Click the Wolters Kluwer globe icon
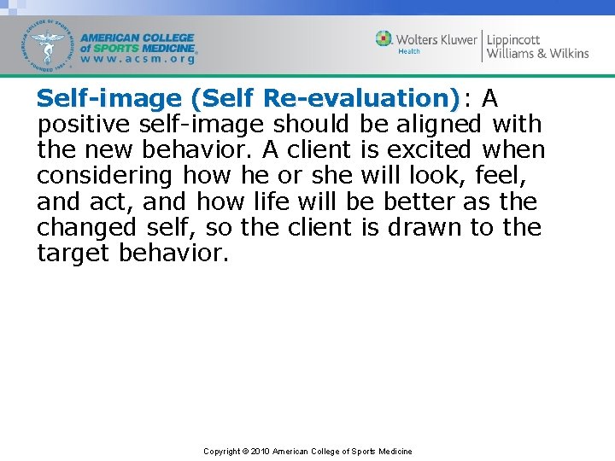click(x=384, y=39)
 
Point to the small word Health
click(x=408, y=51)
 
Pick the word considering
click(x=105, y=176)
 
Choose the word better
click(x=417, y=201)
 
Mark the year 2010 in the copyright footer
click(x=260, y=452)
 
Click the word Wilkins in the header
click(x=564, y=53)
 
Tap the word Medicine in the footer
click(x=394, y=452)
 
